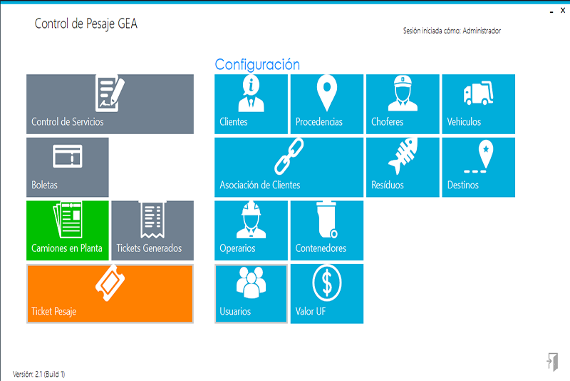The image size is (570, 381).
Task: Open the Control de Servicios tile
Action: [110, 104]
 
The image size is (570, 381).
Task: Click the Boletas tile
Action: [68, 167]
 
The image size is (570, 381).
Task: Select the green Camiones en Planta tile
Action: [68, 230]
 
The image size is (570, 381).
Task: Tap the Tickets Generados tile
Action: [152, 230]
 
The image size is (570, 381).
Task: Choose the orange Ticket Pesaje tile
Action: [110, 294]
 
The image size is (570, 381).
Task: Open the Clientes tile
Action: [251, 104]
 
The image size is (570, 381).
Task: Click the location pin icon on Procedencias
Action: [327, 93]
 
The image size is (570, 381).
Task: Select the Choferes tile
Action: [403, 104]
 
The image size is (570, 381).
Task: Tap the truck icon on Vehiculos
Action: [478, 93]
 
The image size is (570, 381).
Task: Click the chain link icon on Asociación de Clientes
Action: [289, 156]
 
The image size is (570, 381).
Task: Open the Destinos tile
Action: [478, 167]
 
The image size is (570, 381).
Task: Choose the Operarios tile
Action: [251, 230]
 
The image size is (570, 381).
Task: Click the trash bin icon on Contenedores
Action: [327, 219]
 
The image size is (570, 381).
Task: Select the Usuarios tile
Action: [251, 294]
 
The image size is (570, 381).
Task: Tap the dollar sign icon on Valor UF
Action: [327, 283]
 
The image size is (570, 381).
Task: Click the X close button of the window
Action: [563, 10]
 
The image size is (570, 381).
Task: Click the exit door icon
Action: [552, 362]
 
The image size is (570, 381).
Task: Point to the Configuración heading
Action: [257, 64]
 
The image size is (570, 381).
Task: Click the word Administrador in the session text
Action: [482, 31]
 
